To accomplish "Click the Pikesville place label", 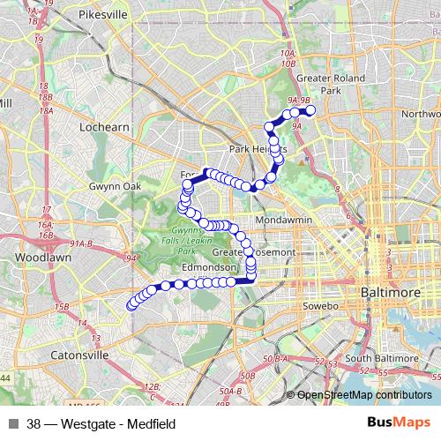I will point(103,16).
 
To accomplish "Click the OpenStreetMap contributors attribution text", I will point(365,395).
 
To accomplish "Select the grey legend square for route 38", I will point(13,424).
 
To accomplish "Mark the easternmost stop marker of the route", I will point(310,110).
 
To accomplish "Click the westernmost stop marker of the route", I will point(131,306).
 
